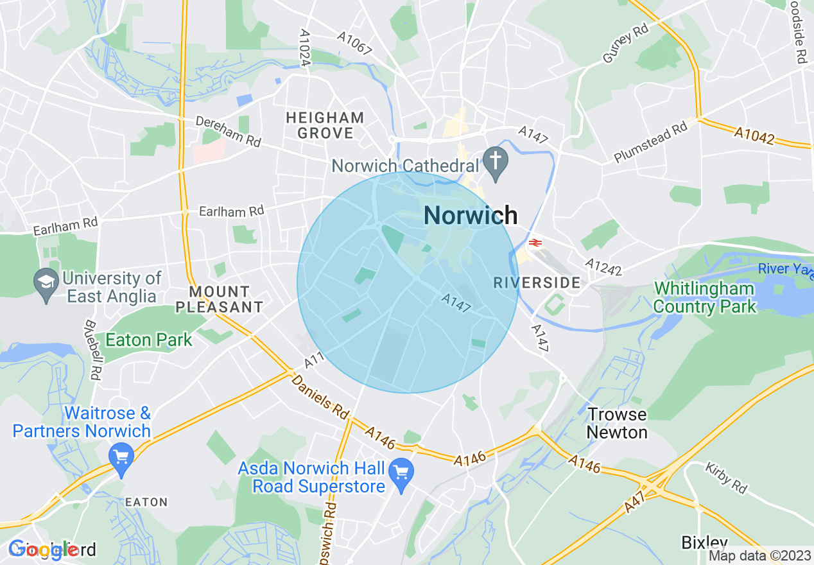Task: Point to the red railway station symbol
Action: pyautogui.click(x=534, y=243)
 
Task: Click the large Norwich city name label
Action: pyautogui.click(x=471, y=215)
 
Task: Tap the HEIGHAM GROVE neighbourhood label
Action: pyautogui.click(x=325, y=126)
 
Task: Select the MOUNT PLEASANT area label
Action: pyautogui.click(x=219, y=299)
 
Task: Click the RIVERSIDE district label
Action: pyautogui.click(x=536, y=282)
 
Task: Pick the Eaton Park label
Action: pyautogui.click(x=149, y=340)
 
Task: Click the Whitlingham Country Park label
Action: pyautogui.click(x=704, y=297)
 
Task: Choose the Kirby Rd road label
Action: pyautogui.click(x=726, y=478)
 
